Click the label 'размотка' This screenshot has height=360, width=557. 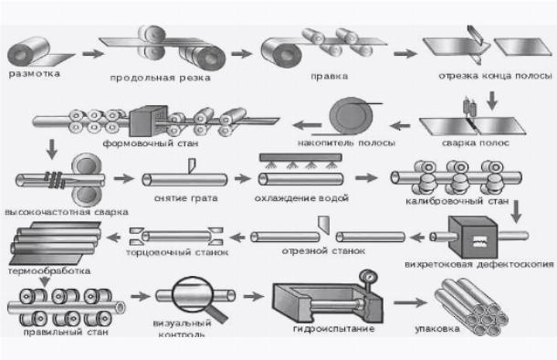(x=34, y=74)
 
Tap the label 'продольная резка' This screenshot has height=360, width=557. (x=160, y=78)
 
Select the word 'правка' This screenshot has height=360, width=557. (x=329, y=76)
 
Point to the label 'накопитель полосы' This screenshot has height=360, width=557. (x=346, y=143)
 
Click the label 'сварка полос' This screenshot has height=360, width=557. (x=476, y=143)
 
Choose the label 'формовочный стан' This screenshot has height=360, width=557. (x=151, y=143)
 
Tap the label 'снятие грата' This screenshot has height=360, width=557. (x=185, y=198)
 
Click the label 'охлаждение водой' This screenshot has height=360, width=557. (x=301, y=198)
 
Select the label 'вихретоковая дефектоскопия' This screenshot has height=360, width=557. (x=479, y=264)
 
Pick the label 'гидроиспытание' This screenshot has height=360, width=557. (x=334, y=329)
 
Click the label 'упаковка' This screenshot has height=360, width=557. (x=437, y=329)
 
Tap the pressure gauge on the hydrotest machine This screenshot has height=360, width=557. (x=368, y=277)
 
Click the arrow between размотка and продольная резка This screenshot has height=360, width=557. (x=93, y=54)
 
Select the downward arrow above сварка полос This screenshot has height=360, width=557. (x=492, y=101)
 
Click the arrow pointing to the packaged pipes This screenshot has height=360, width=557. (x=410, y=302)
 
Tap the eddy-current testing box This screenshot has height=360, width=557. (x=474, y=238)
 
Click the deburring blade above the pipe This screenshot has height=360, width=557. (x=192, y=165)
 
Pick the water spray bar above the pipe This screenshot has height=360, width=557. (x=301, y=157)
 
